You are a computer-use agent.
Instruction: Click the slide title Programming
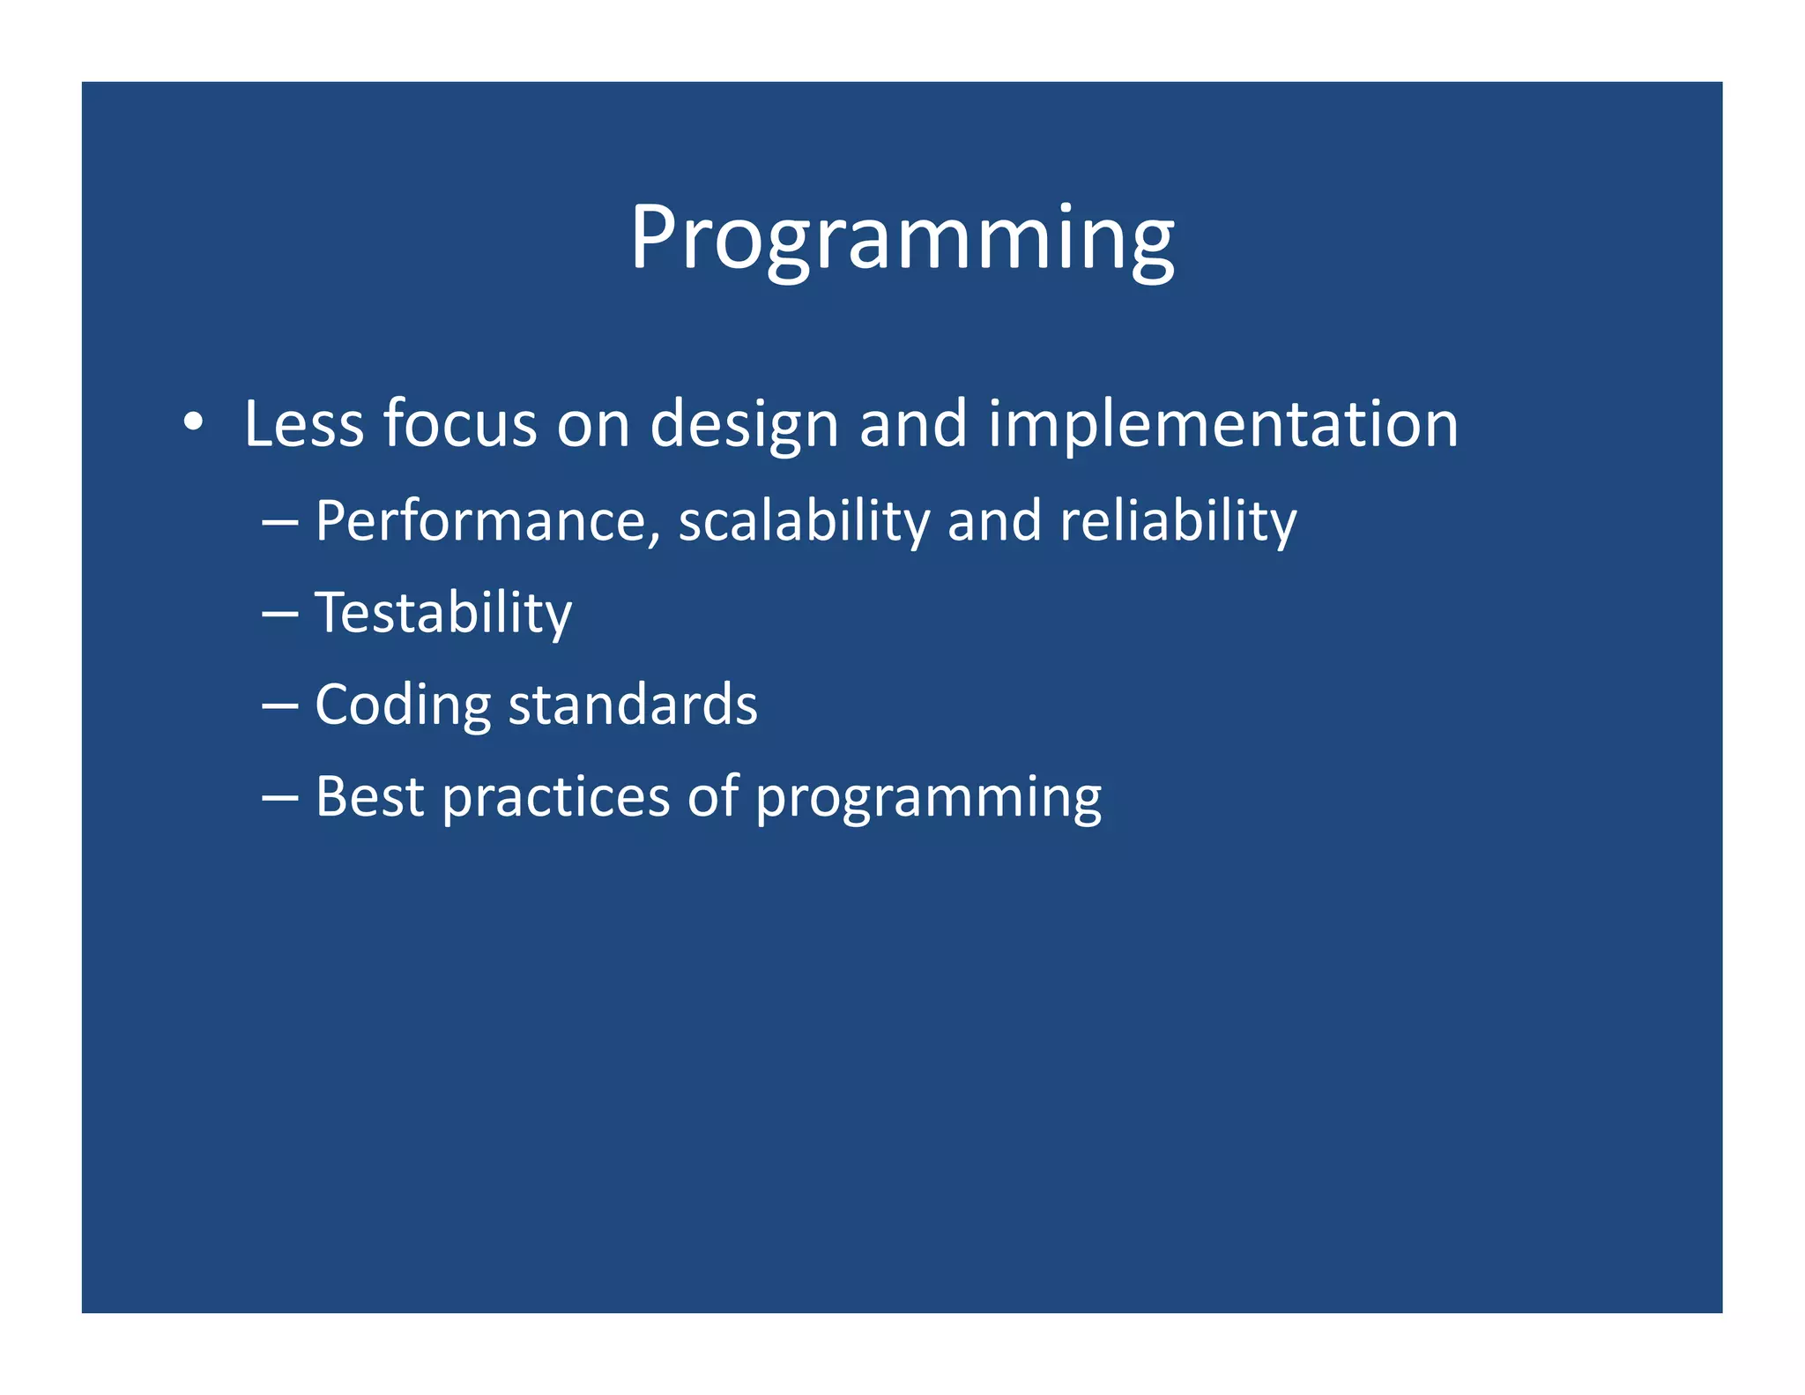point(902,238)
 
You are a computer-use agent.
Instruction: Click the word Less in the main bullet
point(303,424)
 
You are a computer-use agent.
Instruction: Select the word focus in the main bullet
point(459,424)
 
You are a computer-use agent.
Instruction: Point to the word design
point(744,426)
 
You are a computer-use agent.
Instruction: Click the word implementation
point(1222,426)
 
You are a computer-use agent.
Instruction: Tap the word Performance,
point(487,521)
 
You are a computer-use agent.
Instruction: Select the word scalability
point(804,521)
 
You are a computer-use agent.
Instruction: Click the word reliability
point(1177,521)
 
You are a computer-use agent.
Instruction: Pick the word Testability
point(443,614)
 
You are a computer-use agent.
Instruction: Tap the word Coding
point(403,705)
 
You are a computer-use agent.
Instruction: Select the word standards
point(633,705)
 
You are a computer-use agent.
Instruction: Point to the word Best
point(370,797)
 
